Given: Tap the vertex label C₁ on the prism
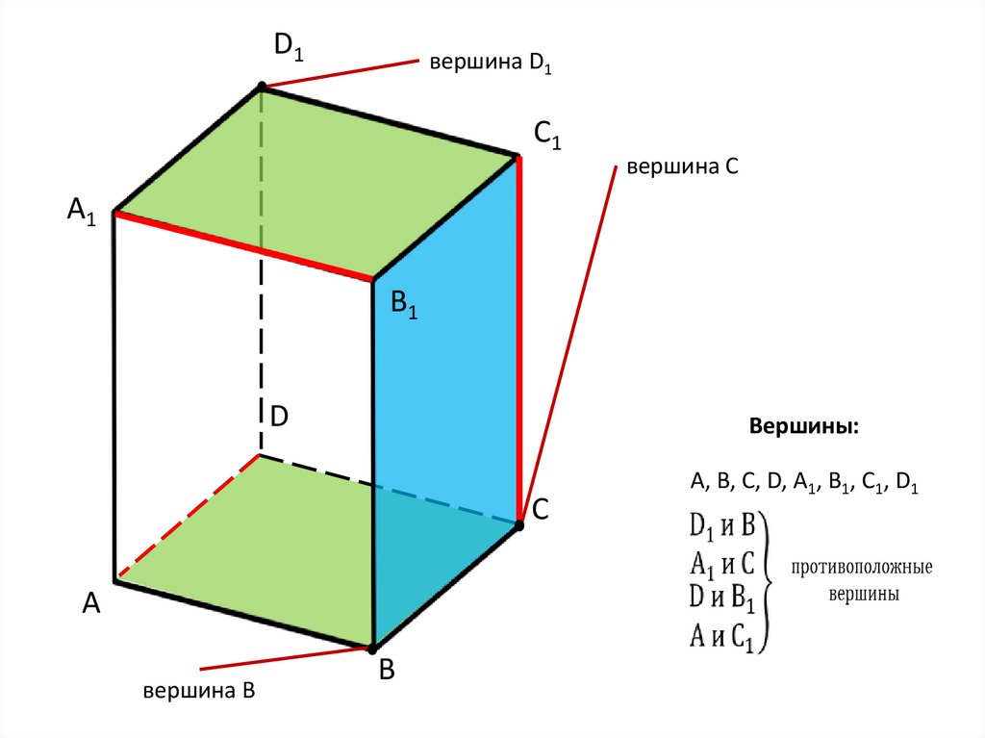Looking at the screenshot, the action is point(547,139).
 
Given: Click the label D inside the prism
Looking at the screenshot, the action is point(279,417).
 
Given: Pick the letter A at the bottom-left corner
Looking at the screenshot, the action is point(91,603).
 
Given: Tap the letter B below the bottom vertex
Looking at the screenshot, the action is point(387,671).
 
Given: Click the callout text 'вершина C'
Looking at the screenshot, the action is point(682,167).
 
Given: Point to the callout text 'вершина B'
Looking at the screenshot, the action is point(198,691).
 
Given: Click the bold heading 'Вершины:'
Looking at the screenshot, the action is point(805,426).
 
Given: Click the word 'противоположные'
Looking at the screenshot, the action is point(863,568).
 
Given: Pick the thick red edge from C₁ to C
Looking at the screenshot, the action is point(519,337).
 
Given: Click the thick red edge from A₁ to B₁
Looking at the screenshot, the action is point(244,247).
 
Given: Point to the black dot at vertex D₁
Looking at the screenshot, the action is point(262,88).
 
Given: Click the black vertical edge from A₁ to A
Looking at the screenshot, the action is point(115,394).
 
